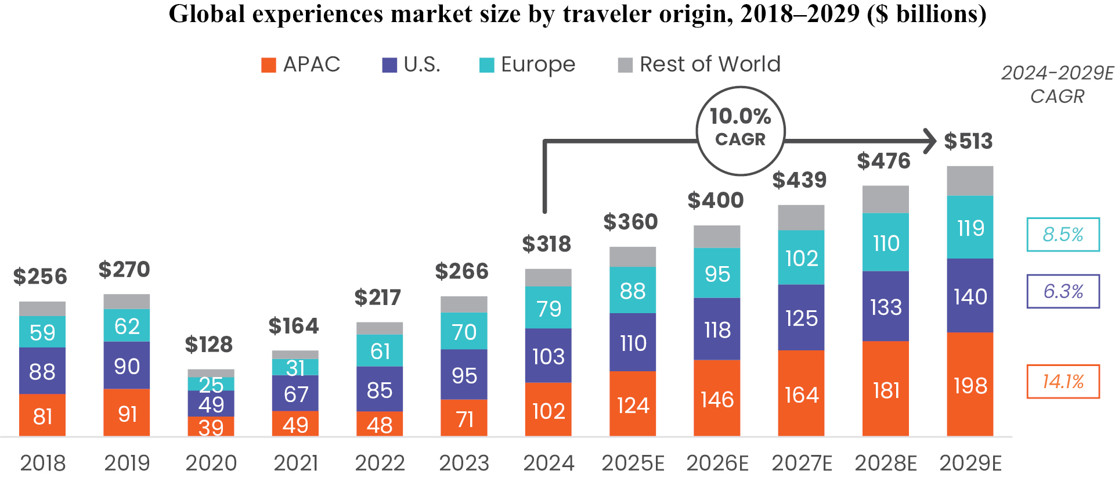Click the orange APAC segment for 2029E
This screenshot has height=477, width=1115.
click(x=969, y=384)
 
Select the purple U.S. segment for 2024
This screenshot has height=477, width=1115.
click(x=548, y=356)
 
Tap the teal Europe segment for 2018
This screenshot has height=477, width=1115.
click(x=42, y=332)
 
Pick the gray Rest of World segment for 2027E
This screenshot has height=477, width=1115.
click(x=801, y=217)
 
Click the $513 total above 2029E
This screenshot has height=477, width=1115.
click(x=968, y=141)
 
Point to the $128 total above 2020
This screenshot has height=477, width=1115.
click(x=209, y=345)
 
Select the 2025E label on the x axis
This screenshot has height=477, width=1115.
click(x=633, y=463)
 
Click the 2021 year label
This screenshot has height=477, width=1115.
click(x=295, y=463)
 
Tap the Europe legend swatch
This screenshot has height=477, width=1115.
click(x=486, y=65)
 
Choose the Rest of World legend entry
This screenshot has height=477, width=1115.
click(x=699, y=64)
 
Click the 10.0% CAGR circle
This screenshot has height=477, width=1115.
click(x=740, y=131)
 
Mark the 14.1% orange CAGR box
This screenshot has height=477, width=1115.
click(x=1063, y=382)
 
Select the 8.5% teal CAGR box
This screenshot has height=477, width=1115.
click(x=1063, y=235)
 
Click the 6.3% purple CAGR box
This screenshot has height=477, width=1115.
click(x=1063, y=291)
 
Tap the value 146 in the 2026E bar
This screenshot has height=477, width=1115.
click(x=717, y=400)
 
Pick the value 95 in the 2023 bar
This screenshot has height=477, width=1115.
click(x=464, y=375)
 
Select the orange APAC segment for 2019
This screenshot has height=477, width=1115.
click(x=127, y=413)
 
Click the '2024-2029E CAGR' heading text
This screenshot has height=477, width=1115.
click(x=1057, y=84)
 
